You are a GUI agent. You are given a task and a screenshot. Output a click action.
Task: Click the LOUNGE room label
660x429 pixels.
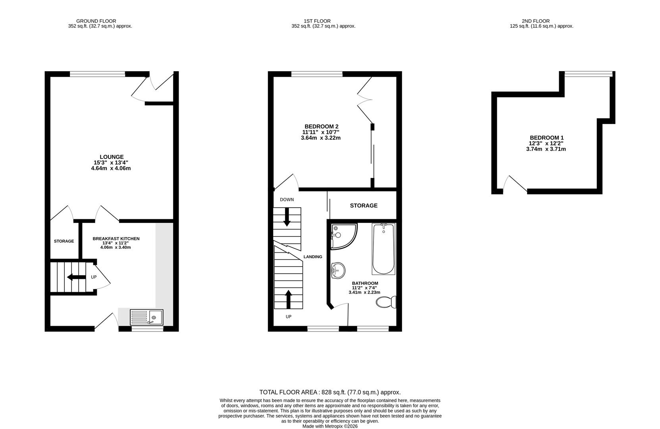(111, 157)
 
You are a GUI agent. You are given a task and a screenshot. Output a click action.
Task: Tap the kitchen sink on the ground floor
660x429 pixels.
(146, 317)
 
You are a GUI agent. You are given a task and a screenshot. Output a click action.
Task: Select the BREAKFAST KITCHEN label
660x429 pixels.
(116, 239)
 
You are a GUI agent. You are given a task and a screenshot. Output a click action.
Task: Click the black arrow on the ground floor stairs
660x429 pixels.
(76, 277)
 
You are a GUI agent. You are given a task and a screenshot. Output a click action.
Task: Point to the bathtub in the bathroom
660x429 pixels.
(383, 249)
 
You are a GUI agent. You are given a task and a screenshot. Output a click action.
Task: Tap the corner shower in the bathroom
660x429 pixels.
(343, 236)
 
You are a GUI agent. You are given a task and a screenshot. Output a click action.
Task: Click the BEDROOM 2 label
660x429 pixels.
(321, 127)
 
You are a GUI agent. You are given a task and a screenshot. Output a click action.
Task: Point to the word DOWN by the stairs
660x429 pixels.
(287, 199)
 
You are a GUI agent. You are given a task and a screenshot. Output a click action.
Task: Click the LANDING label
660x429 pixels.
(313, 257)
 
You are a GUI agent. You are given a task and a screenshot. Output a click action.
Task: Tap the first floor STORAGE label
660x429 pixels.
(364, 206)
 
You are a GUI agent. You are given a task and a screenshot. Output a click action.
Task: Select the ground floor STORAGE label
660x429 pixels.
(64, 241)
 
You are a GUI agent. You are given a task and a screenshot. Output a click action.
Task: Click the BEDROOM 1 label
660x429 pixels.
(546, 138)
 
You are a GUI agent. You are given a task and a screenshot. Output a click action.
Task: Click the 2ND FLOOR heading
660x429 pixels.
(535, 21)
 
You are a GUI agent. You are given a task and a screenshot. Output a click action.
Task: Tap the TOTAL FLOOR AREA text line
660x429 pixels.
(330, 392)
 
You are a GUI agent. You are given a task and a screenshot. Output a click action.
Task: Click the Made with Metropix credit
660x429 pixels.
(330, 426)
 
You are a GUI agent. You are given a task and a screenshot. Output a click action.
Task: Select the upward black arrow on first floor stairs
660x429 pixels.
(288, 299)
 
